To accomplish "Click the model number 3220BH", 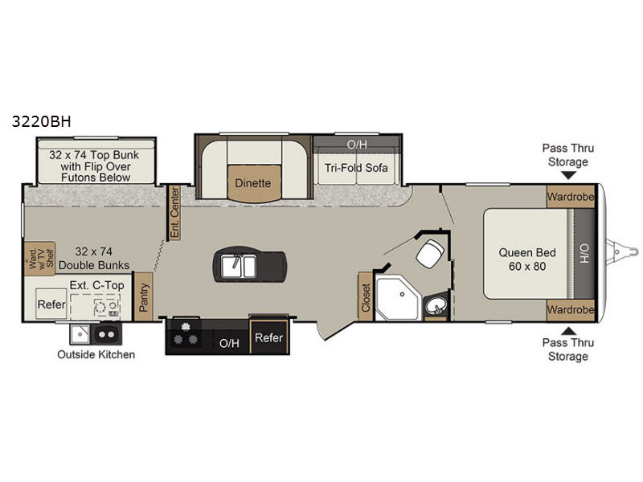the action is [x=42, y=121].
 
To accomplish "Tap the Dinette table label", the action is [x=253, y=183].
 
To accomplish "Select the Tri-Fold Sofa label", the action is [x=356, y=168].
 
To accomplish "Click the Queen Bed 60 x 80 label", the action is [x=527, y=259].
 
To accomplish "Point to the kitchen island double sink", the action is [x=239, y=266].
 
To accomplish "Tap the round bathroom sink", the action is [x=436, y=306].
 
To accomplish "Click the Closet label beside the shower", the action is [x=366, y=296].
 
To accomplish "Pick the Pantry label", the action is [x=143, y=297].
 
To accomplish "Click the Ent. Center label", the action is [x=174, y=212].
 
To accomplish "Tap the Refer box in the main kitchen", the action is [x=269, y=337].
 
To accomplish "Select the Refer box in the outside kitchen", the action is [x=51, y=304].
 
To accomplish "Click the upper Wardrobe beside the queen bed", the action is [x=570, y=197].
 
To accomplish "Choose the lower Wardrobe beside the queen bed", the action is [x=570, y=310].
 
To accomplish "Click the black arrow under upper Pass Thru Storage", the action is [x=568, y=175].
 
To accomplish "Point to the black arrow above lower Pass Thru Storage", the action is [x=568, y=331].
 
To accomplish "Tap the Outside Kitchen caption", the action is [x=96, y=354].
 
